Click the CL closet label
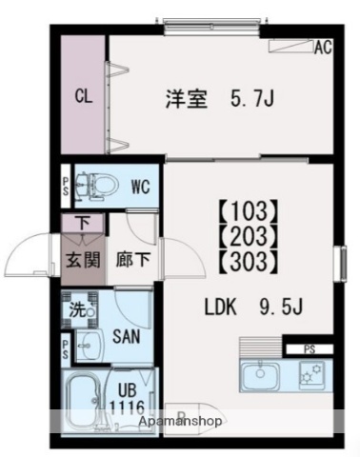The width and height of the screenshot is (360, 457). coord(83,95)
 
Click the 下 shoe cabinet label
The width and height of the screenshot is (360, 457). coord(83,224)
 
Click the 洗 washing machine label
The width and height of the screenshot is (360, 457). coord(75,308)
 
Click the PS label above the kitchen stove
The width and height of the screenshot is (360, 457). coord(311,349)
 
